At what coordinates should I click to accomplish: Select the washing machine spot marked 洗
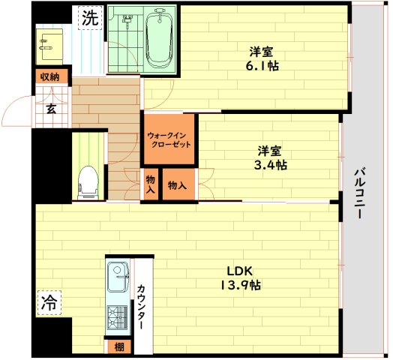89,19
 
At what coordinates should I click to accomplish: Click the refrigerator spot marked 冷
48,302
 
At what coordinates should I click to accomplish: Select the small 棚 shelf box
118,346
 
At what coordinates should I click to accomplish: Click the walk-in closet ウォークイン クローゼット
169,140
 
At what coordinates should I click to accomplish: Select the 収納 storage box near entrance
50,76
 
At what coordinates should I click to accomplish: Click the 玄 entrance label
51,109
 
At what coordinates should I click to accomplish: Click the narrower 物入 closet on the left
151,185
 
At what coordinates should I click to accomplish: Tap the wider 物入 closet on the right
178,185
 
